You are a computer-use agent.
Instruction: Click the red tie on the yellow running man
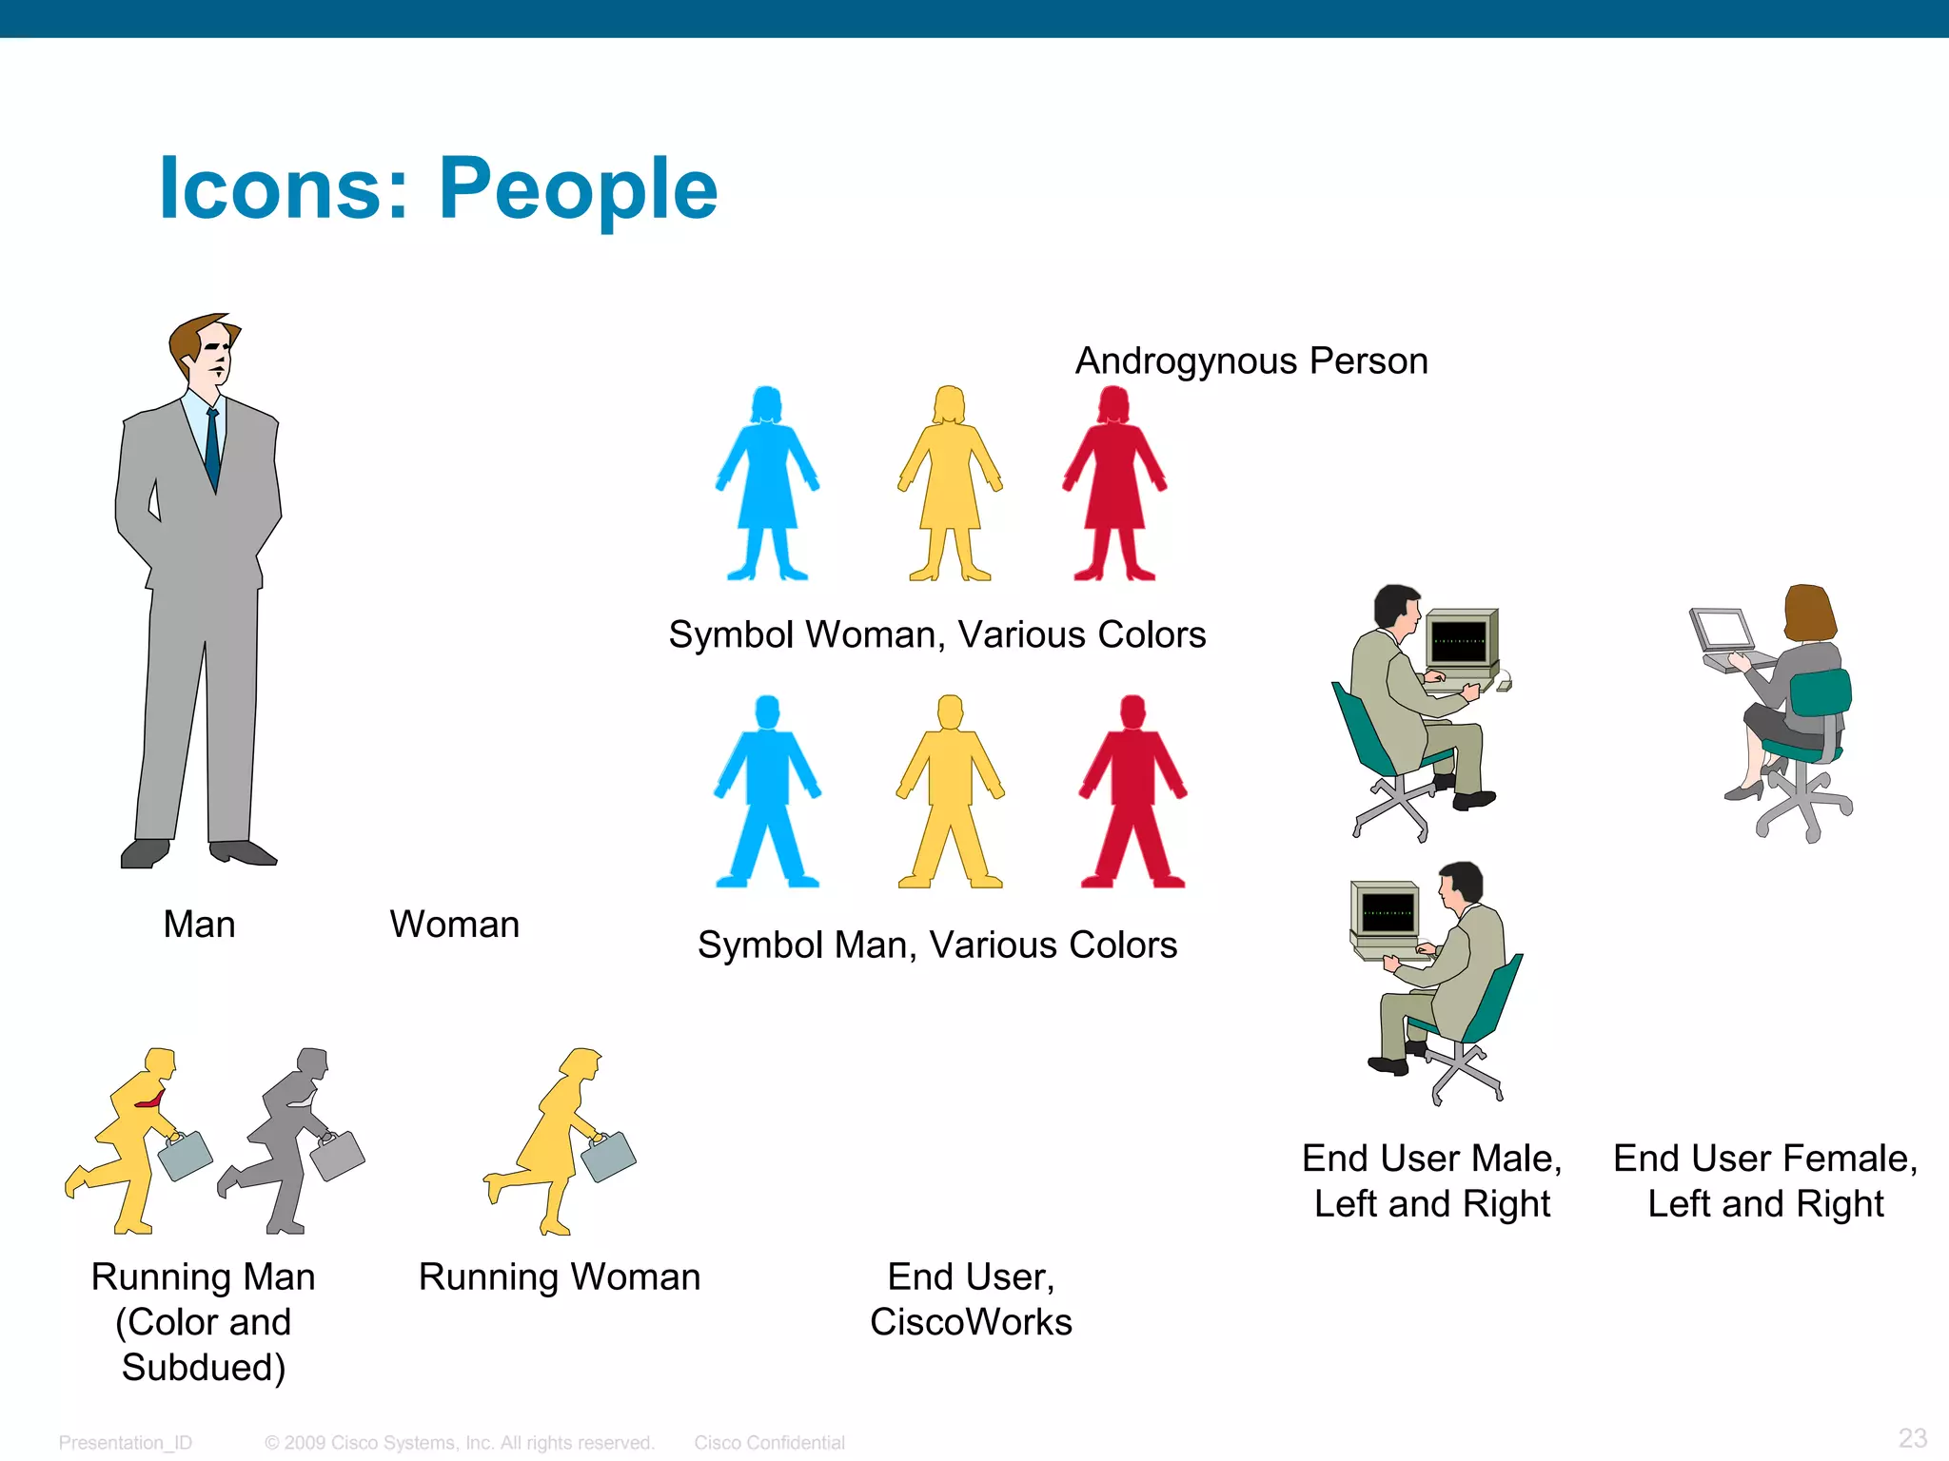point(150,1102)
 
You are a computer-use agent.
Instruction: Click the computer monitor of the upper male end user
point(1460,639)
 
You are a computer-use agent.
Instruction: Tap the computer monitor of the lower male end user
point(1388,911)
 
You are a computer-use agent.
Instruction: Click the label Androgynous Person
point(1251,361)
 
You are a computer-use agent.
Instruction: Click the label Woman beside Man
point(454,925)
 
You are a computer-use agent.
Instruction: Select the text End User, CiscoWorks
point(971,1299)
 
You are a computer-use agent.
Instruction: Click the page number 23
point(1912,1437)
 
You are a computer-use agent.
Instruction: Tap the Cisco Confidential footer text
point(769,1443)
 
